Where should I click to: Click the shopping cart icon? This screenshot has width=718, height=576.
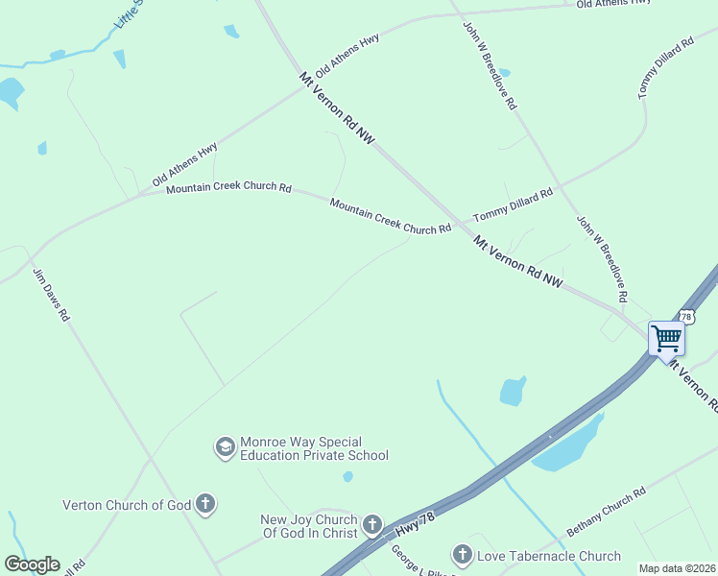click(666, 338)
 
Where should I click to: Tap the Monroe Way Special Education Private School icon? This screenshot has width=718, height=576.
click(225, 447)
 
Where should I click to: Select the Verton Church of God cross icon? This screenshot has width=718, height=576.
click(204, 503)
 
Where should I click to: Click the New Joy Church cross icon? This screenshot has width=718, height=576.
click(372, 526)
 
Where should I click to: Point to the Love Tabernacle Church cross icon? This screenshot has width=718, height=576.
click(463, 555)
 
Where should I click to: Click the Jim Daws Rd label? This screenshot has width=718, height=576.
click(52, 295)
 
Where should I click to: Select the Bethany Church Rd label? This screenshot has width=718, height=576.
click(605, 512)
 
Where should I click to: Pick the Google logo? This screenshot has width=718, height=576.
click(32, 564)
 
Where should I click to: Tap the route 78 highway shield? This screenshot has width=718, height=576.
click(685, 316)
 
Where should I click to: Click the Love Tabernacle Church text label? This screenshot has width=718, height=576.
click(549, 556)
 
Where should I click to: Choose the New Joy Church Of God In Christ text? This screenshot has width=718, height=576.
click(308, 526)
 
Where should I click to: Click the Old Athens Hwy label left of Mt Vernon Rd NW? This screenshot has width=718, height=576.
click(184, 165)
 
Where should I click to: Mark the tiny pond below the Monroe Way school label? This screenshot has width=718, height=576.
click(347, 476)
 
